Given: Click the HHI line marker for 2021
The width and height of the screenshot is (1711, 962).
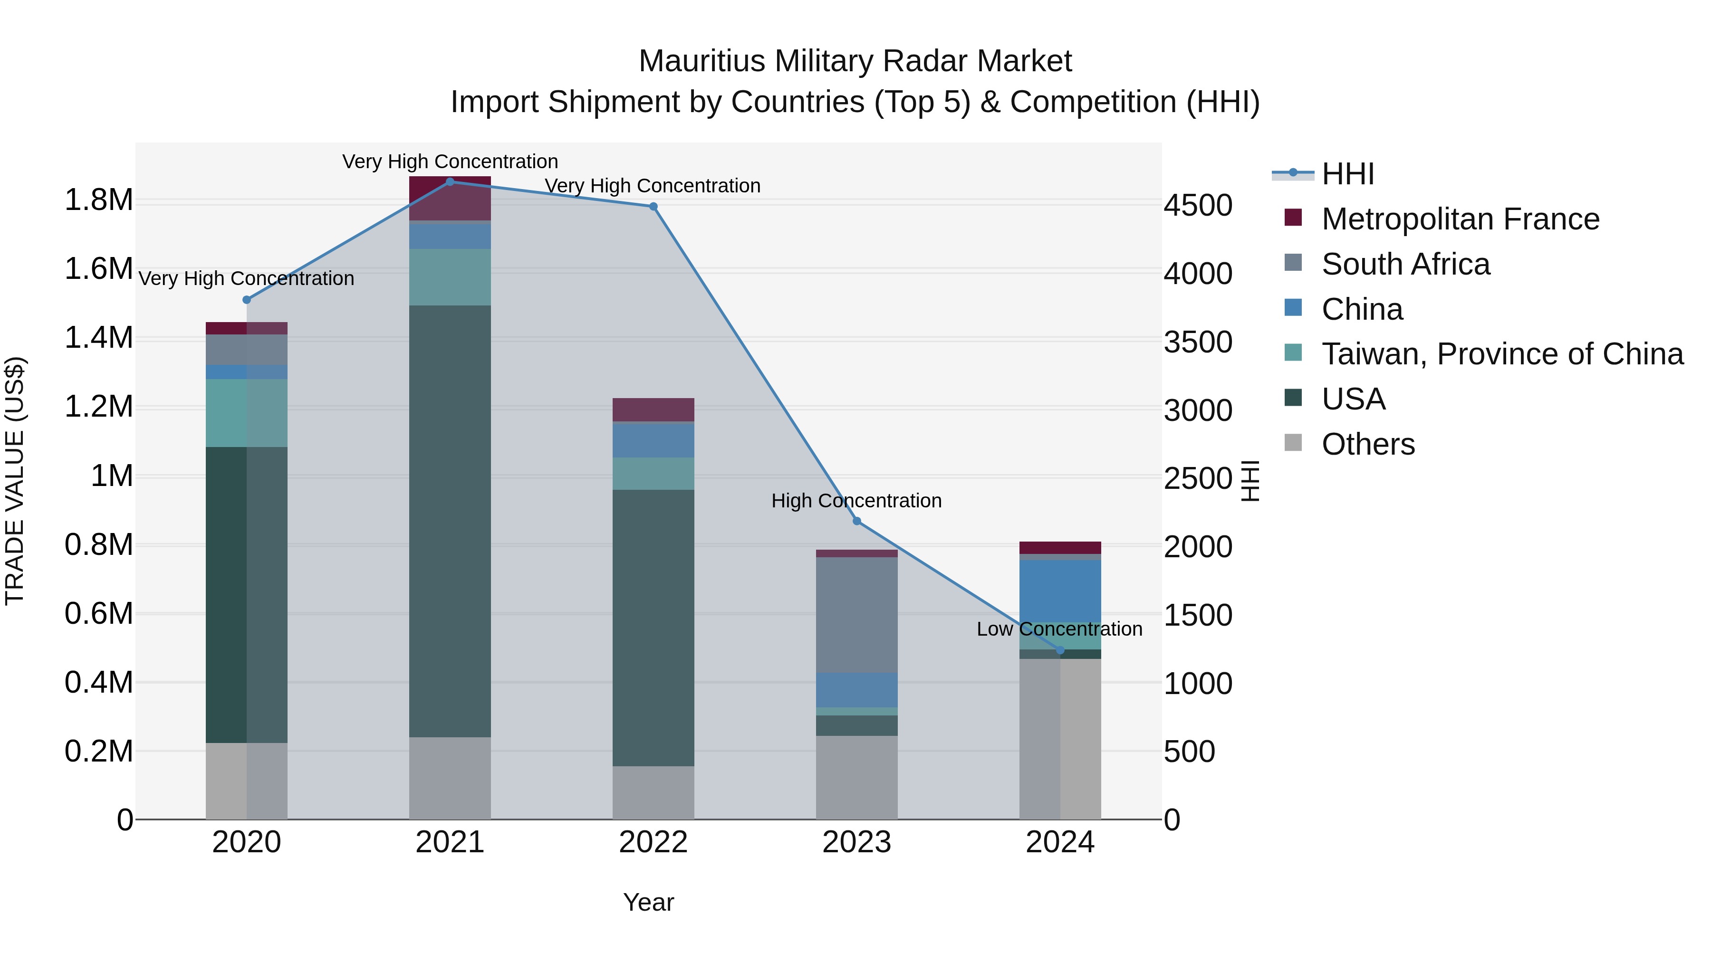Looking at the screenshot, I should point(450,181).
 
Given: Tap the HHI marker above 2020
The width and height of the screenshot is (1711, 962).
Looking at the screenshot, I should point(246,299).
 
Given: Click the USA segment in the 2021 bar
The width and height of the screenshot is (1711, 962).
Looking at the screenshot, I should point(450,521).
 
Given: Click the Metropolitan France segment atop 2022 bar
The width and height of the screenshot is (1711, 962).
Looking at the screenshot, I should point(653,410).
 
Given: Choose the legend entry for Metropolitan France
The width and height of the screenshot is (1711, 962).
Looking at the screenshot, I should point(1460,219).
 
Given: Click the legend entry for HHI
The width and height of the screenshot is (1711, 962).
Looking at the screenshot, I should point(1347,174).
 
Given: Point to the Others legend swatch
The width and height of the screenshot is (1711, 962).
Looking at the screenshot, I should point(1293,443).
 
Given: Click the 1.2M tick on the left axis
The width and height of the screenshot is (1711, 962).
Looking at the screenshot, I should point(98,406).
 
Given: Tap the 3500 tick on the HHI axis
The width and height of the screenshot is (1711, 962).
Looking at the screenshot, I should point(1198,342).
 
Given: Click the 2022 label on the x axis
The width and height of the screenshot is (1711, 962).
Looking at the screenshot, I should point(653,842).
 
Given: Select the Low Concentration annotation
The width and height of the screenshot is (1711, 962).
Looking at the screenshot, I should point(1059,629).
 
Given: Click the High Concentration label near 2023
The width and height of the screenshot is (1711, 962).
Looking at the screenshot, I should point(856,501).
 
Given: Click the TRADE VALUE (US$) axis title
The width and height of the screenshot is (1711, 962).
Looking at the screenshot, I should point(15,481).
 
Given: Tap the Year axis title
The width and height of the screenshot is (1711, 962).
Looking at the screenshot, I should point(648,902).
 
